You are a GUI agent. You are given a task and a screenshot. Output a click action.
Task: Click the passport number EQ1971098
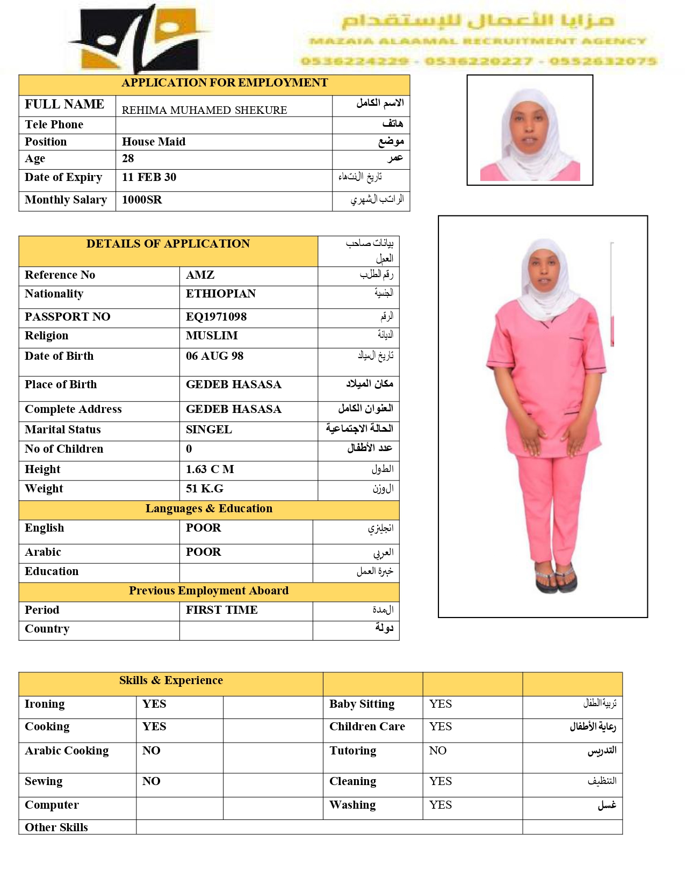click(216, 317)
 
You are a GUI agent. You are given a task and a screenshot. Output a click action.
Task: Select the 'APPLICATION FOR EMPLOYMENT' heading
click(225, 83)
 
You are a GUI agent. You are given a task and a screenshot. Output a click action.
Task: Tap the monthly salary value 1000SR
click(142, 200)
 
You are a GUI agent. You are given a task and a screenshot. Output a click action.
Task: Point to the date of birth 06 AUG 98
click(214, 356)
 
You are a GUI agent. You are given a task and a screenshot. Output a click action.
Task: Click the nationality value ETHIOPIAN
click(221, 294)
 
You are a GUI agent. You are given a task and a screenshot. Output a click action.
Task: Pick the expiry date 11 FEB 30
click(149, 177)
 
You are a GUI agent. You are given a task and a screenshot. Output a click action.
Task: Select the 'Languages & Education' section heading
click(208, 509)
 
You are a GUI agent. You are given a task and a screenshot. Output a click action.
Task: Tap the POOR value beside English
click(203, 528)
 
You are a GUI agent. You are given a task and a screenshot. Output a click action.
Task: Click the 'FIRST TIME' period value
click(221, 610)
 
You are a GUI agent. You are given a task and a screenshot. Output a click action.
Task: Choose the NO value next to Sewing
click(151, 781)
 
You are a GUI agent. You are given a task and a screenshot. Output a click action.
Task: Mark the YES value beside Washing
click(440, 805)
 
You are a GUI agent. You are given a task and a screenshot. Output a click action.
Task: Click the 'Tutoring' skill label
click(352, 751)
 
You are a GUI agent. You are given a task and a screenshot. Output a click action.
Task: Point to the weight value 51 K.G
click(204, 489)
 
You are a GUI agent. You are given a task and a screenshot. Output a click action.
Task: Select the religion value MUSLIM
click(212, 336)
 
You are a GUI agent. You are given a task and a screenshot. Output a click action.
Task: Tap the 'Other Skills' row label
click(56, 827)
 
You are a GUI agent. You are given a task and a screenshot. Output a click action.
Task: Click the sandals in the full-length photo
click(556, 579)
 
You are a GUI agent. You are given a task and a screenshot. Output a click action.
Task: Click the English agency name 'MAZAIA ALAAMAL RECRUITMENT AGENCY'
click(477, 41)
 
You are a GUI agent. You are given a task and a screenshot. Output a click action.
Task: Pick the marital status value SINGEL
click(208, 430)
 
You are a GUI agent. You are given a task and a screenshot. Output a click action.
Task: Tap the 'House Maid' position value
click(154, 142)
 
